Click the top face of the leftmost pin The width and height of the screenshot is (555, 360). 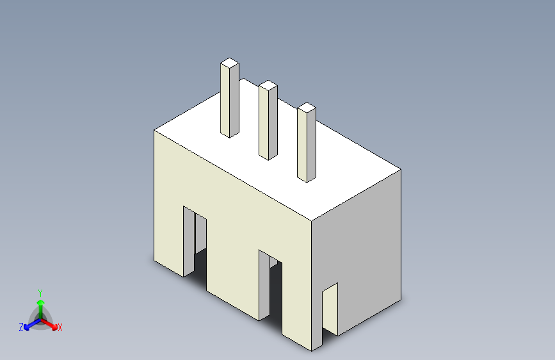230,63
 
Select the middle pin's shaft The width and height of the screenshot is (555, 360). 268,122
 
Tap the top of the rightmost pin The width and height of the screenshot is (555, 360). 307,107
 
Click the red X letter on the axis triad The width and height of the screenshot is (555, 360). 60,327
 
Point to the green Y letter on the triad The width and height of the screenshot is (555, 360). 40,291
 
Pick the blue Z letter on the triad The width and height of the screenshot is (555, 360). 21,327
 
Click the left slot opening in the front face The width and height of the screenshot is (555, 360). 195,240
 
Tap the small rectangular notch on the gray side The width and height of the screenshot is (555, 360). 330,307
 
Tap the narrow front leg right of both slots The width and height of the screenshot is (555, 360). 301,314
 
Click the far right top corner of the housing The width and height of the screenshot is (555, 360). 401,170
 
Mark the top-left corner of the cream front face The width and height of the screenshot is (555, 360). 154,131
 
